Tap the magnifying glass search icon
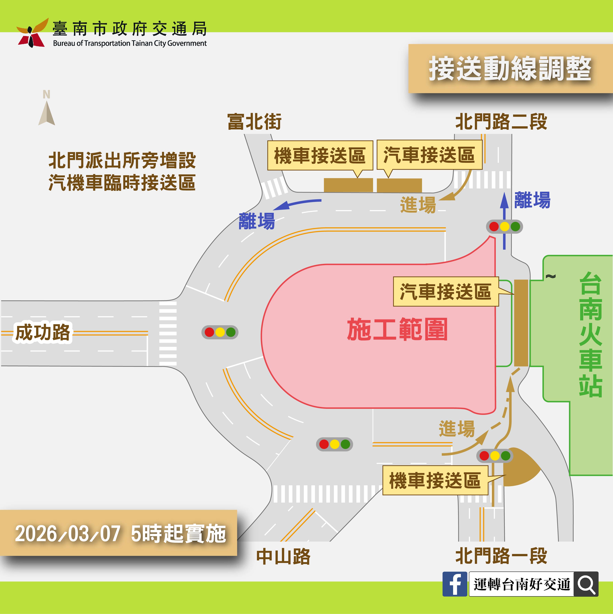(586, 584)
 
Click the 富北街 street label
(254, 122)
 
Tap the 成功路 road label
(43, 332)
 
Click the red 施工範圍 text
(397, 329)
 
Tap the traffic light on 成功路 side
(220, 332)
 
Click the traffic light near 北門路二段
(504, 227)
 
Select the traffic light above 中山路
(334, 444)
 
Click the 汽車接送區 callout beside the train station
(446, 291)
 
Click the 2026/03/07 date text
(68, 534)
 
